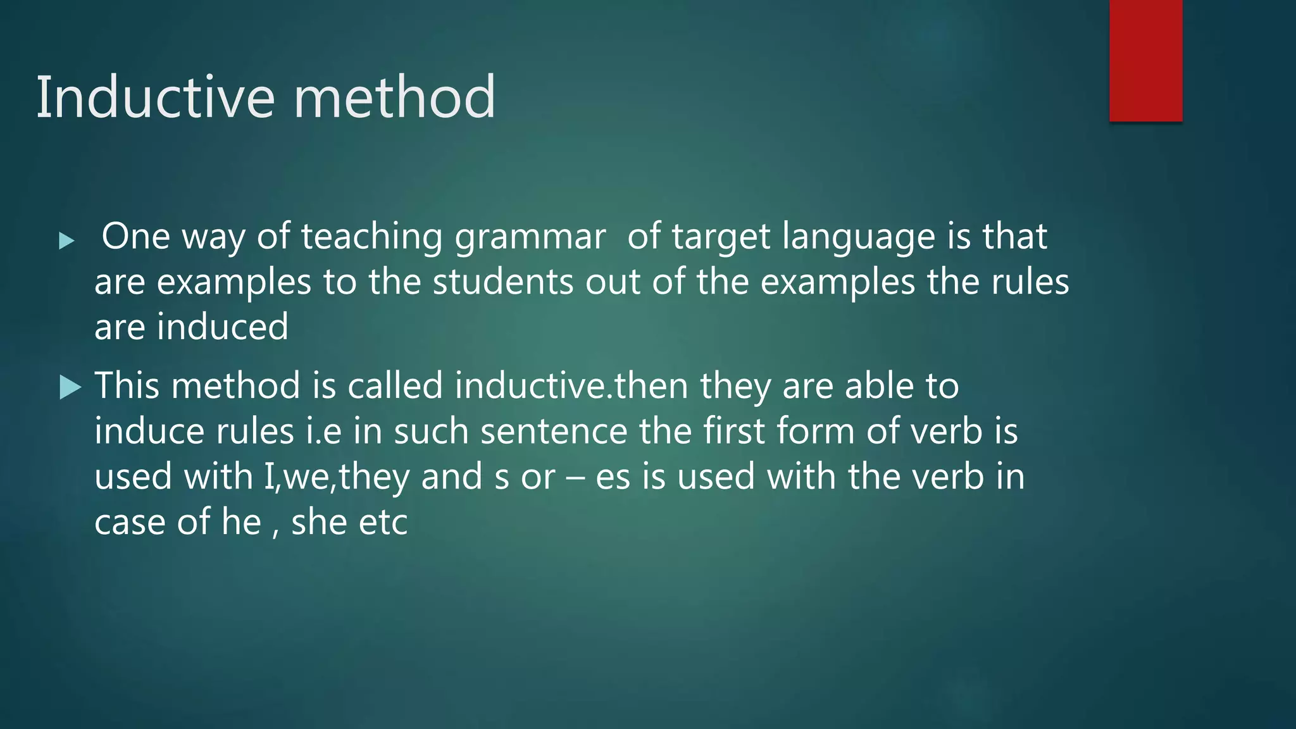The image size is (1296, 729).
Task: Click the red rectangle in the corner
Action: pyautogui.click(x=1145, y=60)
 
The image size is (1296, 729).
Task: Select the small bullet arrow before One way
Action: pyautogui.click(x=66, y=240)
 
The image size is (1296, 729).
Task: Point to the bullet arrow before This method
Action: pyautogui.click(x=70, y=387)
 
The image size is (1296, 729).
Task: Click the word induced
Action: pyautogui.click(x=223, y=327)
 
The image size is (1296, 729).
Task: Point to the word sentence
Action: pyautogui.click(x=554, y=432)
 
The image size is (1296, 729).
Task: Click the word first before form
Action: pyautogui.click(x=734, y=432)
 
